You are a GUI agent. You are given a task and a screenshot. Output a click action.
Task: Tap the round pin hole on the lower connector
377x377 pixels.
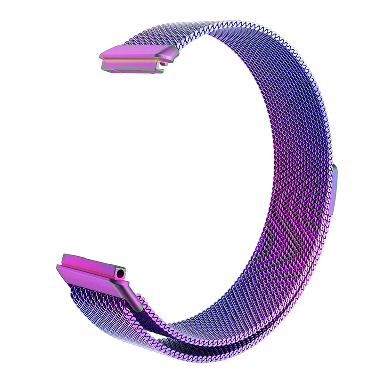[x=123, y=273]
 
